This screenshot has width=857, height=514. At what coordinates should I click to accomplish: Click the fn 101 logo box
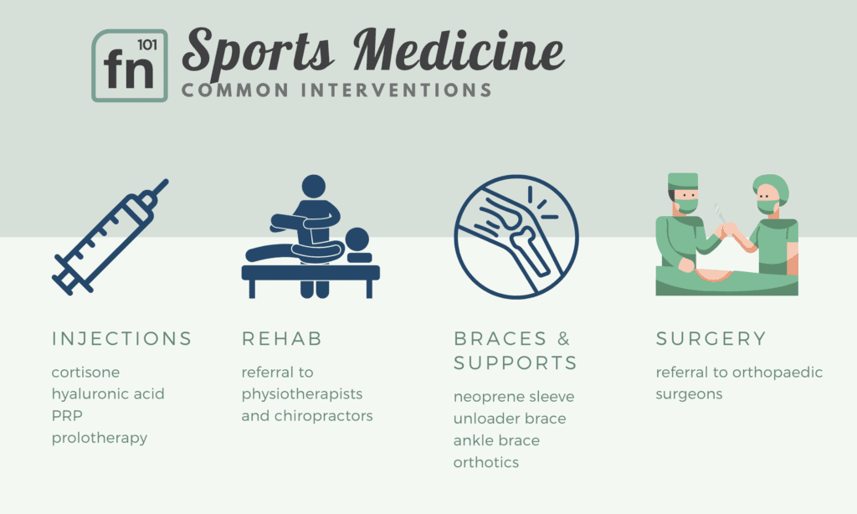point(130,65)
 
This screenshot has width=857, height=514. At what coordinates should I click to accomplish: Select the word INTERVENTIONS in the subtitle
point(396,90)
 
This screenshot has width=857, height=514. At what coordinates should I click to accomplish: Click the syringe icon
point(110,237)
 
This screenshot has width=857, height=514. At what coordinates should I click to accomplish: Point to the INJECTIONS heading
point(122,339)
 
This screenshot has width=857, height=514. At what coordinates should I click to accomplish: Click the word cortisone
point(86,373)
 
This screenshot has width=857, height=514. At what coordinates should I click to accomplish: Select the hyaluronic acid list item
point(108,394)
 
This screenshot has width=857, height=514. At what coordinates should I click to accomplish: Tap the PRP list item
point(67,416)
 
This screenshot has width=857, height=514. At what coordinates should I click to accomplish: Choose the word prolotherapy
point(100,438)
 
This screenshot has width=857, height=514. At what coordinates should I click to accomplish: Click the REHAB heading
point(282,339)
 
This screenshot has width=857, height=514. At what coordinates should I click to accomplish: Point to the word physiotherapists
point(302,394)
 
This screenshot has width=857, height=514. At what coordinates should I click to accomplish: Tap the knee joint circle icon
point(516,237)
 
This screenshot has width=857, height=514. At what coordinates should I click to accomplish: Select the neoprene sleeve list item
point(514,397)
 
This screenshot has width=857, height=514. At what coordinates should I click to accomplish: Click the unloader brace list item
point(510,419)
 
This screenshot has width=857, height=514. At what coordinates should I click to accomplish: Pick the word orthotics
point(486,463)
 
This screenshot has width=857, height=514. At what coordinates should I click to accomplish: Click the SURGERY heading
point(711,339)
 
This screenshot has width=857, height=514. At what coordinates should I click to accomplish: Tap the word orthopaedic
point(777,373)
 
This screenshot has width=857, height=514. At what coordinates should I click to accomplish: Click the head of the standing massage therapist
point(314,187)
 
